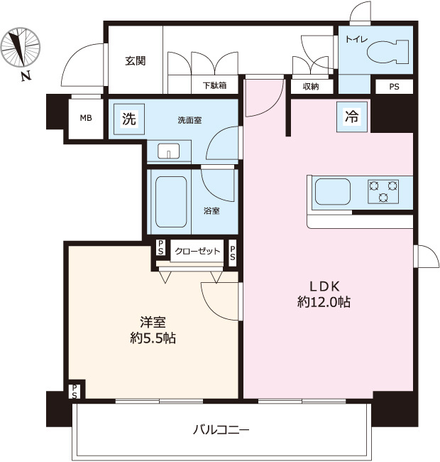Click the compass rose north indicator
(x=20, y=47)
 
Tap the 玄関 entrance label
(x=135, y=61)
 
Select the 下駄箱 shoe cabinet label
(x=215, y=85)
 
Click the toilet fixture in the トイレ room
(x=387, y=52)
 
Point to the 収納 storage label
(x=311, y=86)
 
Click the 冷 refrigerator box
(x=352, y=117)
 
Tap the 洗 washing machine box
(x=129, y=119)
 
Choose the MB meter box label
(x=86, y=118)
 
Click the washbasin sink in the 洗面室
(x=168, y=151)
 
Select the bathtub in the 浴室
(x=170, y=202)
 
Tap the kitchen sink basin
(x=333, y=191)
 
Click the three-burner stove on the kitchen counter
(x=383, y=191)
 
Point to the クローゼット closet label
(x=197, y=251)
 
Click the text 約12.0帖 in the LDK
(x=324, y=302)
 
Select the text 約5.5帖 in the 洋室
(x=153, y=338)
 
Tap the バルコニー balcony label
(x=221, y=430)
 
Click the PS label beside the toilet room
(x=394, y=87)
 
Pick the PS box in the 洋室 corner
(x=75, y=392)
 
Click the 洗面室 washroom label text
(x=189, y=120)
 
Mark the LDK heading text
(x=324, y=286)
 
